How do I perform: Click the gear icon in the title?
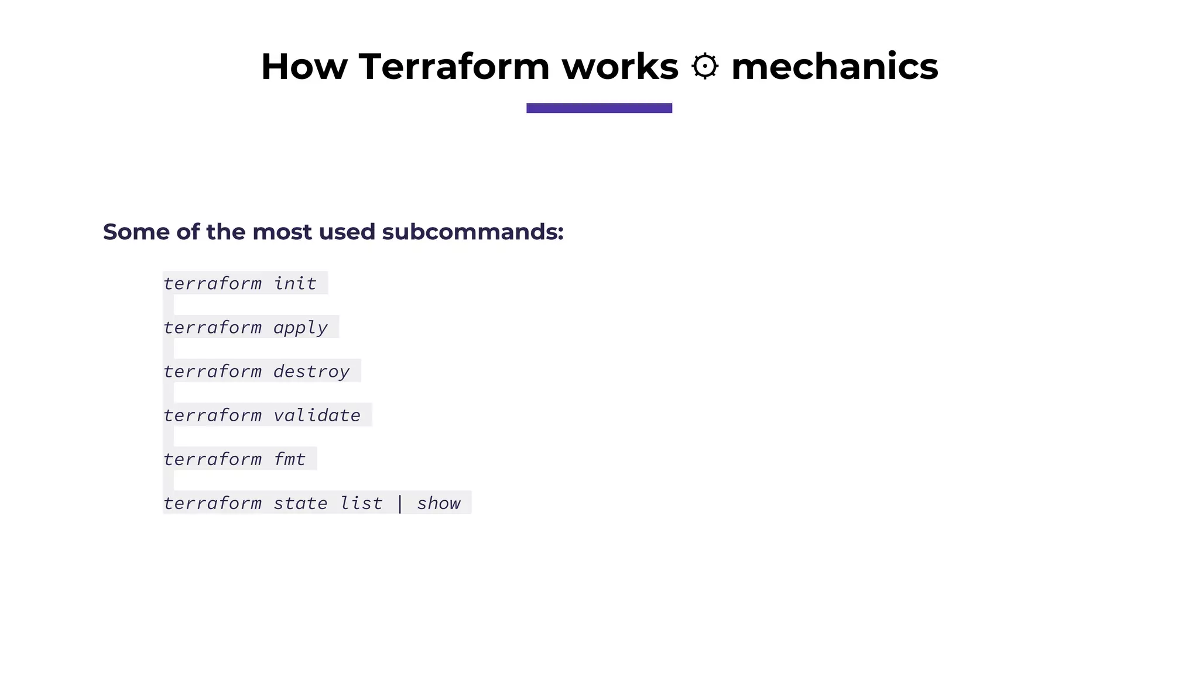coord(705,66)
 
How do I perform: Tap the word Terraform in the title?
coord(454,66)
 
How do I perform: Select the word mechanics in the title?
coord(834,66)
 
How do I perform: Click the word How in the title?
coord(304,66)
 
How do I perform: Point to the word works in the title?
coord(620,66)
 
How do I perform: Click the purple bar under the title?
coord(599,108)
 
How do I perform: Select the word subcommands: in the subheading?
coord(472,232)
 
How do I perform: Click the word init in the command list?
coord(295,283)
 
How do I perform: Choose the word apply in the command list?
coord(300,328)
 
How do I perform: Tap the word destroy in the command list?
coord(311,372)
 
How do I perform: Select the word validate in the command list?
coord(317,415)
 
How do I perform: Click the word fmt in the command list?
coord(290,459)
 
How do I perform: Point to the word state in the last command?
coord(300,503)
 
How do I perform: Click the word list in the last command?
coord(361,503)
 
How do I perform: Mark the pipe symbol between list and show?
coord(400,503)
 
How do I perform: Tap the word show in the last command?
coord(439,503)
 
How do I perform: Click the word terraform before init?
coord(213,283)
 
